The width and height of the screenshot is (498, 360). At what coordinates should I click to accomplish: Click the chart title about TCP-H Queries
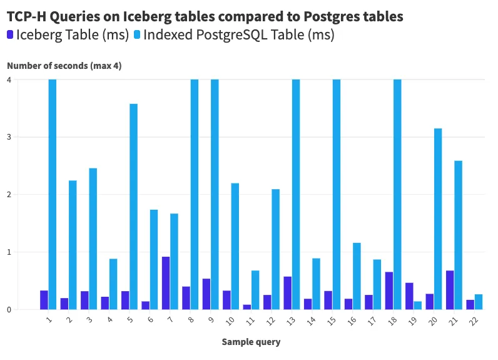[205, 16]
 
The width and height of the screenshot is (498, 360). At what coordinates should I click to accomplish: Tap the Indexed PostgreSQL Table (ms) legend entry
[234, 35]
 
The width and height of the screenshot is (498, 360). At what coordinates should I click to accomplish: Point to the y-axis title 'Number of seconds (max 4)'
[64, 65]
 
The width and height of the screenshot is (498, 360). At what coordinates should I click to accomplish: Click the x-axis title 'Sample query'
[251, 342]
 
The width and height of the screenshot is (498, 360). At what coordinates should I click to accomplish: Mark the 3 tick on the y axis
[9, 137]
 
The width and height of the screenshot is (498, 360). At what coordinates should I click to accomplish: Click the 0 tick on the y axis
[9, 309]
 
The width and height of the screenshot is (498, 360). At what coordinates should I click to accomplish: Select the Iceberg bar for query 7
[166, 283]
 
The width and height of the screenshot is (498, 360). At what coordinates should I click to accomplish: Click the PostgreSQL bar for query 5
[133, 207]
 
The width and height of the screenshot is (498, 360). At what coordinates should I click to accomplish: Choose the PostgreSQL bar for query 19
[418, 306]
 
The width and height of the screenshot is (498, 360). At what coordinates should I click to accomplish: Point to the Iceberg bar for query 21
[450, 290]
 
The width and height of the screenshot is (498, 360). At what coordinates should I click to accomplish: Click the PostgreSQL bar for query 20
[438, 219]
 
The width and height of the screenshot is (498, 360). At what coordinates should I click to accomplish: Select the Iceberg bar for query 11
[247, 307]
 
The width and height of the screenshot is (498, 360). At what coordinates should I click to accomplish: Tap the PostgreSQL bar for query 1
[52, 194]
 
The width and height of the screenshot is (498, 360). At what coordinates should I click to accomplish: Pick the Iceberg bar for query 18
[389, 291]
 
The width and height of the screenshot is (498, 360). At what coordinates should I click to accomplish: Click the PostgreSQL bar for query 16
[357, 276]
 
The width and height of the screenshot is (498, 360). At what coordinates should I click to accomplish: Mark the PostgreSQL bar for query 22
[479, 302]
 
